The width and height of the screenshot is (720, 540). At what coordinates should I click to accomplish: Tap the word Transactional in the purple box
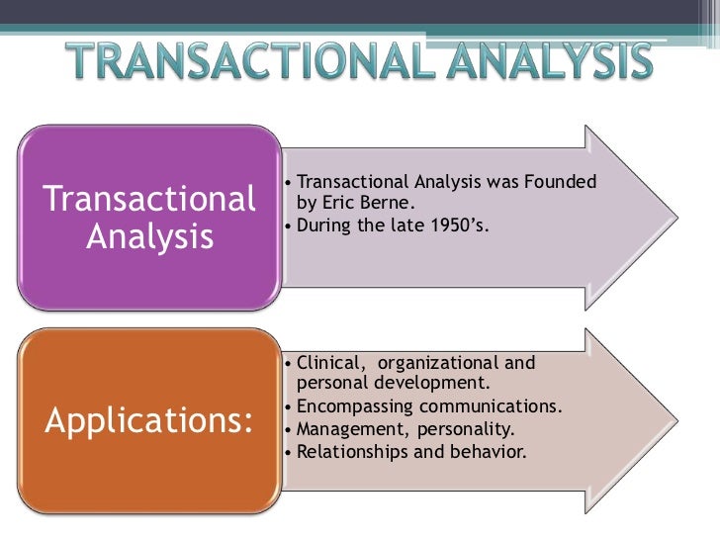click(149, 201)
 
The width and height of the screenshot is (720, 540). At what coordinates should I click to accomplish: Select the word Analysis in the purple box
click(149, 237)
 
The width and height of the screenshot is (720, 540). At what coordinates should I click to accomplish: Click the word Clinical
click(330, 363)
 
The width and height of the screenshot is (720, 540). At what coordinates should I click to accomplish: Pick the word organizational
click(447, 363)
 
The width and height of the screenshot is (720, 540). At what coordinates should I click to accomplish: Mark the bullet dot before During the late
click(287, 225)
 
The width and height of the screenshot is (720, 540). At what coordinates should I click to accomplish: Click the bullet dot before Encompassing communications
click(287, 407)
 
